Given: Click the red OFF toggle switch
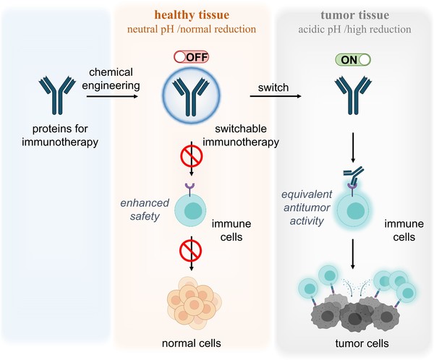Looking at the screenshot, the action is [191, 57].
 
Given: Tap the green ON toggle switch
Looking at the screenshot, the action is [353, 59].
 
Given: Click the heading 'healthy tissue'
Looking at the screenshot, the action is [192, 14].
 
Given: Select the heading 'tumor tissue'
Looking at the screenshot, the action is [355, 15].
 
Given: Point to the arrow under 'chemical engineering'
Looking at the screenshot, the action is [112, 96].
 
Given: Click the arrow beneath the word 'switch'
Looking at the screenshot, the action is [276, 96].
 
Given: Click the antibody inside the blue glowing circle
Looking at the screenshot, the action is [191, 97].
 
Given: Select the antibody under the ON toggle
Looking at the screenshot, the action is [353, 95].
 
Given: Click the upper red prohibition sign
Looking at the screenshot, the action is [191, 156].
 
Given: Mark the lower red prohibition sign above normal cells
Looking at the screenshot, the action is [190, 251].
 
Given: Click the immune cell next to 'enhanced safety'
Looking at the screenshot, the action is [190, 210].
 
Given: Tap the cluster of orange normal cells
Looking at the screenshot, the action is [194, 301].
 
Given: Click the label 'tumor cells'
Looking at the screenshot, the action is [362, 343].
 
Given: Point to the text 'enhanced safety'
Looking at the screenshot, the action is [145, 210].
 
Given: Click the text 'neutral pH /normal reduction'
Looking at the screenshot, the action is [192, 29].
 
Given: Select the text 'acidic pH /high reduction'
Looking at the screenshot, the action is [354, 30].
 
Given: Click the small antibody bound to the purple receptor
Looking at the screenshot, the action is [354, 176].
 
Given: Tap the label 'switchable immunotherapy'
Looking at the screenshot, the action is [241, 135].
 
